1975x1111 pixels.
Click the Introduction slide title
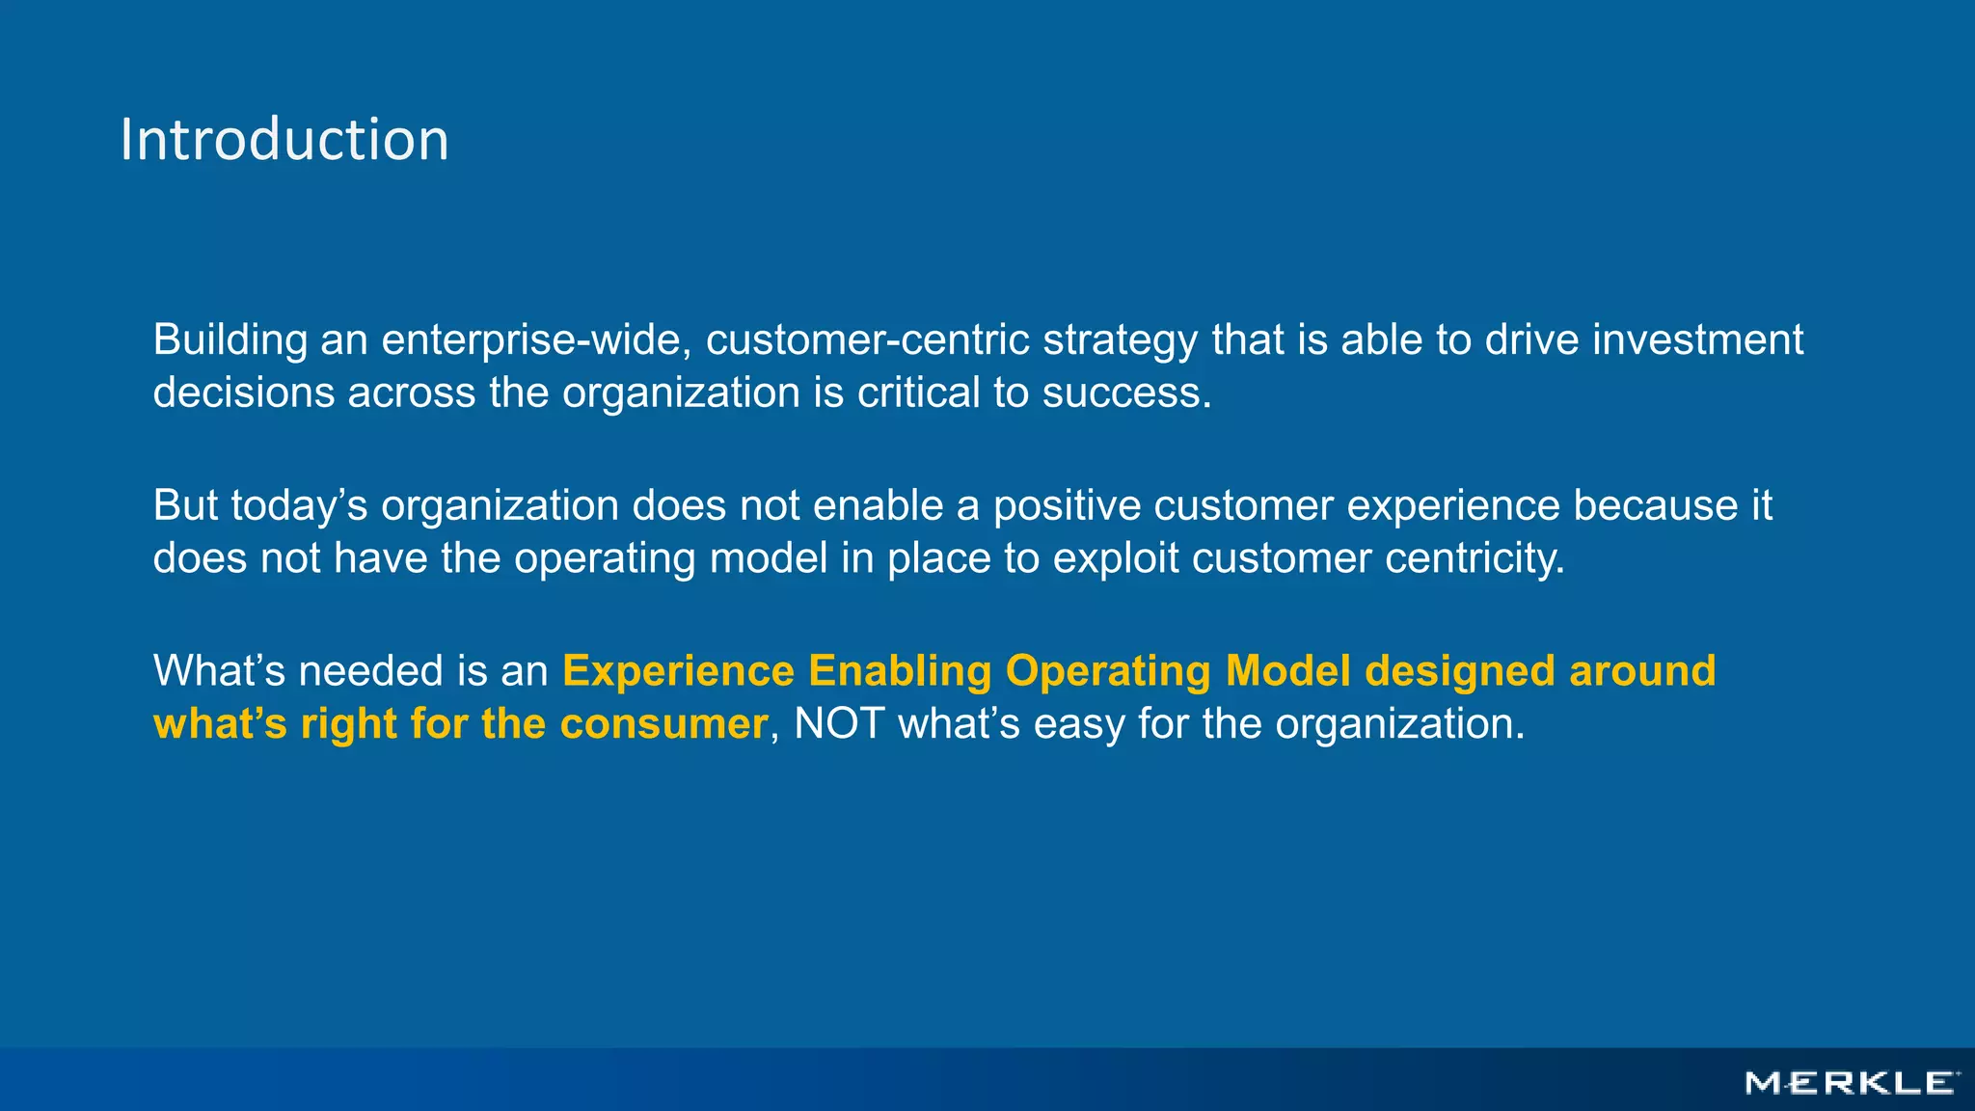coord(284,141)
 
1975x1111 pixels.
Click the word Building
coord(230,341)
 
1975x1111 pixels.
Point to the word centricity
coord(1474,559)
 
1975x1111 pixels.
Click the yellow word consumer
coord(663,724)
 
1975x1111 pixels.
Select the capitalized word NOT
coord(839,724)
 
